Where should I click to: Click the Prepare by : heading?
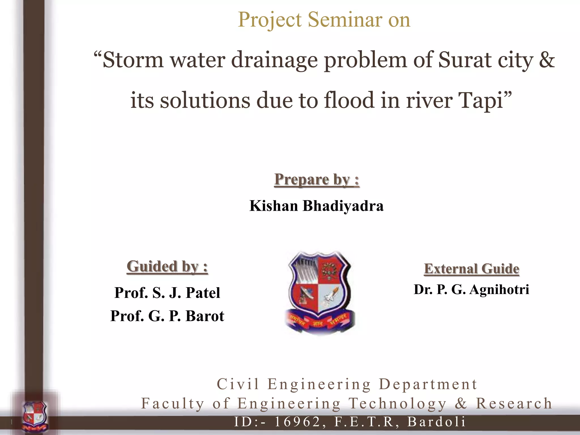(317, 180)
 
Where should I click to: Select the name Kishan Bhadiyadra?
(316, 206)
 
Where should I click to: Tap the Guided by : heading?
(167, 266)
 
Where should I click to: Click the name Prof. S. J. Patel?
(167, 293)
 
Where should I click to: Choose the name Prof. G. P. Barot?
(167, 316)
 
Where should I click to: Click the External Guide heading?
(472, 268)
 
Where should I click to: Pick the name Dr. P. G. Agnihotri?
(471, 289)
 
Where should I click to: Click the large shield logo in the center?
(319, 292)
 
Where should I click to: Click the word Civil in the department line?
(238, 384)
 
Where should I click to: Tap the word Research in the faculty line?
(514, 403)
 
